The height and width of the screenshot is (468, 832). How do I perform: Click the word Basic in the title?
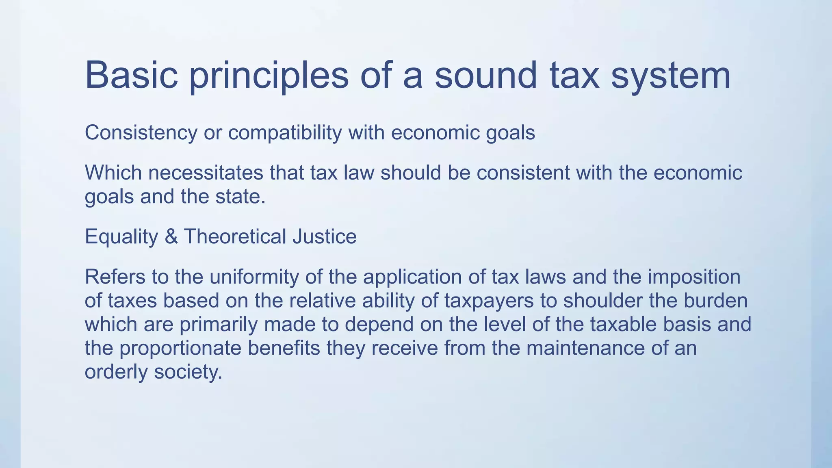click(x=131, y=75)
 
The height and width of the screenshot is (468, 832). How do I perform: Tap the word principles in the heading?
click(x=269, y=75)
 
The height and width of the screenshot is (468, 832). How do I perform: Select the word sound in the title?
click(x=486, y=75)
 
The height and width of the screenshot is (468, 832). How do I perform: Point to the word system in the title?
click(x=670, y=75)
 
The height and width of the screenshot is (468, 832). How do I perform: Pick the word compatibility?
click(x=285, y=133)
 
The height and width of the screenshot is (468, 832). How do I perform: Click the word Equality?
click(x=121, y=237)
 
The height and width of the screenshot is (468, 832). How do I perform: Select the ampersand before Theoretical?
click(x=171, y=237)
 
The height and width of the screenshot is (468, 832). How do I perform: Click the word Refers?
click(x=115, y=277)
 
